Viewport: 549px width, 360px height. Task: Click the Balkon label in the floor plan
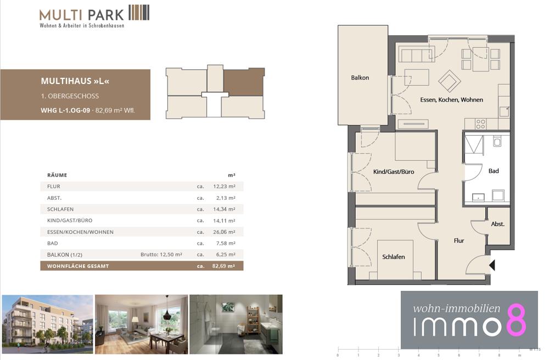click(360, 78)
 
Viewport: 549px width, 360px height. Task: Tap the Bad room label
click(494, 171)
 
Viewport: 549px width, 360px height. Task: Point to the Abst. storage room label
click(497, 224)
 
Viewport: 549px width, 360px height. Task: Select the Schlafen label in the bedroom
click(393, 257)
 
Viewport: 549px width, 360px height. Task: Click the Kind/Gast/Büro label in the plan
click(394, 172)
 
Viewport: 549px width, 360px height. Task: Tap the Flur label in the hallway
click(458, 241)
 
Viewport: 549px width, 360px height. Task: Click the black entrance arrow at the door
click(492, 265)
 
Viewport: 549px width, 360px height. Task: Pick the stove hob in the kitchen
click(481, 124)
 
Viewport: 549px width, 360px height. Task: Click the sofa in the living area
click(417, 55)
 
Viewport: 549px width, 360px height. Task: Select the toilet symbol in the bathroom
click(497, 142)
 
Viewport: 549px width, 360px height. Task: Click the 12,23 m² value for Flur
click(224, 187)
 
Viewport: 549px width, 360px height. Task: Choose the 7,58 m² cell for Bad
click(226, 243)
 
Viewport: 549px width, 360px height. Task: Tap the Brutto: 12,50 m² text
click(161, 254)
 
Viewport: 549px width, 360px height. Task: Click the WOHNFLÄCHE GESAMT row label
click(78, 266)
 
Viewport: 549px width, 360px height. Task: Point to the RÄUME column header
click(57, 175)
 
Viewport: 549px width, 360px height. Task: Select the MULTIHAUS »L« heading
click(75, 81)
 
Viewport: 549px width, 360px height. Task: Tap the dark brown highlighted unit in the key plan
click(243, 82)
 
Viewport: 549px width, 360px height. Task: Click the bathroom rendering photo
click(236, 324)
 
